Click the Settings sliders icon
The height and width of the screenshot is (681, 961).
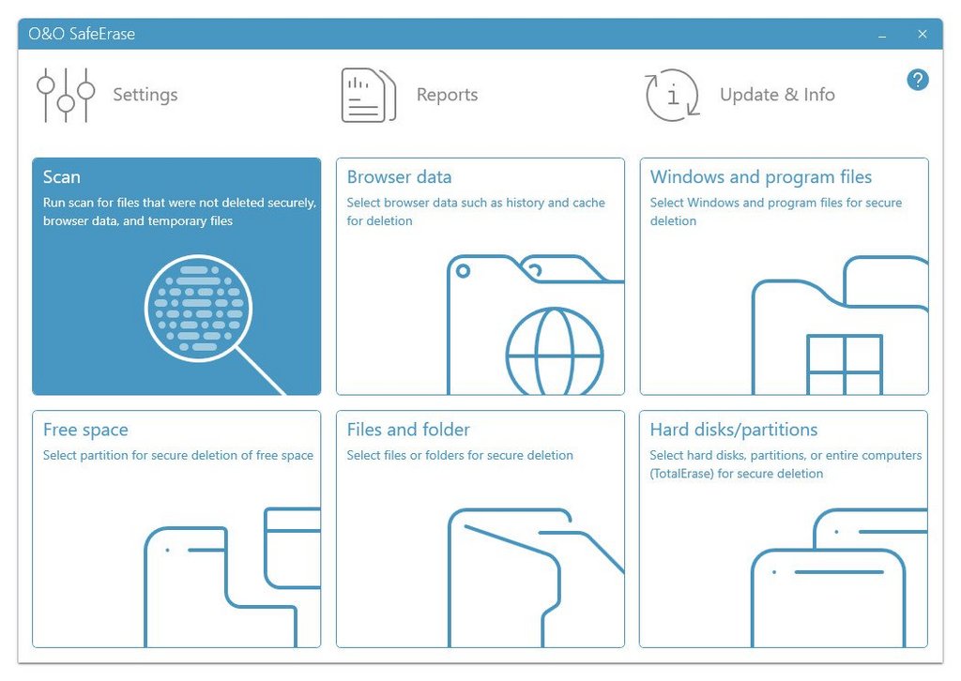(66, 95)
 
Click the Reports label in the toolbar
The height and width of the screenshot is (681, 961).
(447, 95)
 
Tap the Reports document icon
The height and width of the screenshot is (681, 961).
(368, 95)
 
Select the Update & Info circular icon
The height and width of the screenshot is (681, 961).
(672, 95)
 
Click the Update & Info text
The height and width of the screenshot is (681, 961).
(777, 95)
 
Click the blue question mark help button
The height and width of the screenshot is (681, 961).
(918, 80)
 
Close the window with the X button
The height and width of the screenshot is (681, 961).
(923, 35)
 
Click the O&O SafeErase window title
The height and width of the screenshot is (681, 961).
(82, 34)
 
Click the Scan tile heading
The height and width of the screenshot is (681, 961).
(61, 177)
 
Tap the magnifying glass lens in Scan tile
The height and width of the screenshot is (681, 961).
(198, 308)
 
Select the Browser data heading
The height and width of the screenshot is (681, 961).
(399, 177)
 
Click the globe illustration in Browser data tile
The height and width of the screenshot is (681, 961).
(554, 352)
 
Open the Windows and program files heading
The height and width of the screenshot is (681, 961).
(760, 177)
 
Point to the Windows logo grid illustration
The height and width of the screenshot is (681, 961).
(844, 364)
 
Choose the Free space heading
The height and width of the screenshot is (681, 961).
(85, 430)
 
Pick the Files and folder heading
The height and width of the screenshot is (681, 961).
(408, 430)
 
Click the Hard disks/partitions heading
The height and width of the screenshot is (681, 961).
(734, 430)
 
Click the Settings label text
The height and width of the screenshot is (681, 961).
(145, 95)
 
